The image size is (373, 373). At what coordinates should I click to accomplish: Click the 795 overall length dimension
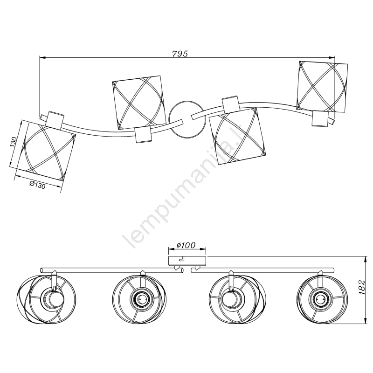coord(180,54)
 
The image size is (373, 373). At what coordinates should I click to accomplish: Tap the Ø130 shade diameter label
coord(37,185)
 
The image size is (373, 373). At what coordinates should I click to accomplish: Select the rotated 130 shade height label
coord(14,142)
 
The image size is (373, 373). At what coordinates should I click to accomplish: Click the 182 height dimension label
coord(361,287)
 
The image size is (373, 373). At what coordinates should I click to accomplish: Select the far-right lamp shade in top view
coord(322,87)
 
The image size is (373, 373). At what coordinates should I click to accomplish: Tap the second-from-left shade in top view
coord(139,103)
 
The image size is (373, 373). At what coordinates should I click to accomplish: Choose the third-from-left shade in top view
coord(237,135)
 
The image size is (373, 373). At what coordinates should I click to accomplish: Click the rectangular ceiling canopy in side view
coord(187,261)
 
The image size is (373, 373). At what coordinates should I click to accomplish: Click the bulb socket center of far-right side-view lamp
coord(319,299)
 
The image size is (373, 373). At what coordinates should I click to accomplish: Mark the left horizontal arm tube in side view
coord(112,270)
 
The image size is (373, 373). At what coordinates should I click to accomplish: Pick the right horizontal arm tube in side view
coord(262,270)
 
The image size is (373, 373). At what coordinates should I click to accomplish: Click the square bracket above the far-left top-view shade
coord(55,119)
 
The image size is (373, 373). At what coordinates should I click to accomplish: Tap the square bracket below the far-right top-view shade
coord(321,118)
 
